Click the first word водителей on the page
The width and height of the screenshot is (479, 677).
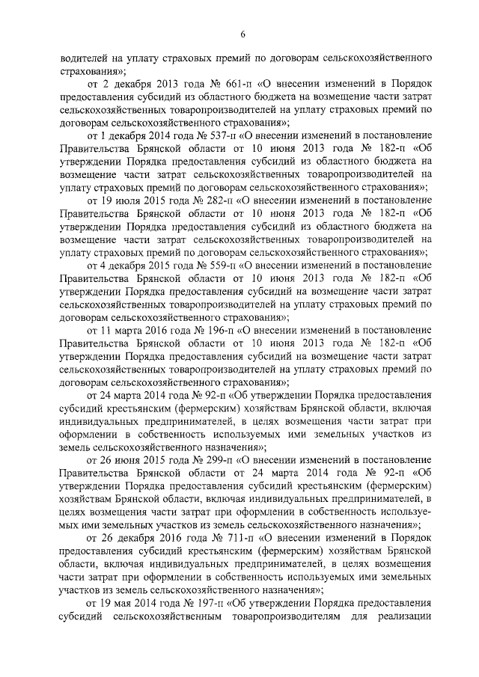(84, 57)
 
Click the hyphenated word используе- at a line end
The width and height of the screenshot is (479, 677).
(406, 510)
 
